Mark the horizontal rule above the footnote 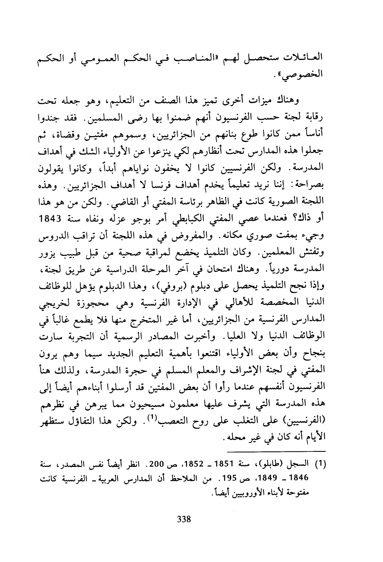tap(277, 451)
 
